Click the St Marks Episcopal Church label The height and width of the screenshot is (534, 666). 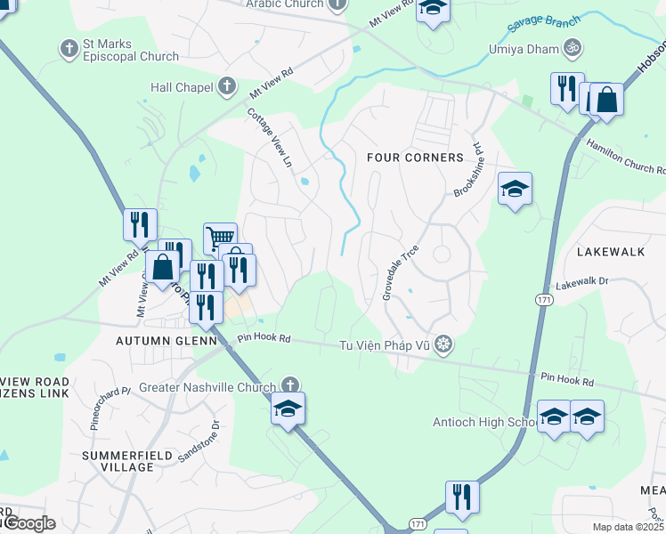(130, 50)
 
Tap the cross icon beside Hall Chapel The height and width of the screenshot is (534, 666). (227, 86)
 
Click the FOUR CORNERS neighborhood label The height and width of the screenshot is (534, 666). (416, 158)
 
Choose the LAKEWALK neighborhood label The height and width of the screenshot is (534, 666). (610, 252)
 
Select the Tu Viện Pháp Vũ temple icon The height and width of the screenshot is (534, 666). (443, 344)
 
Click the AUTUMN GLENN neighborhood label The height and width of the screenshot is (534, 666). (166, 341)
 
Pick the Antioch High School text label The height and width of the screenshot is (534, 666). (483, 422)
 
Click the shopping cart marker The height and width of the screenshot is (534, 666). (220, 238)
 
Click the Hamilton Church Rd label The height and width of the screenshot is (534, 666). (625, 157)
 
